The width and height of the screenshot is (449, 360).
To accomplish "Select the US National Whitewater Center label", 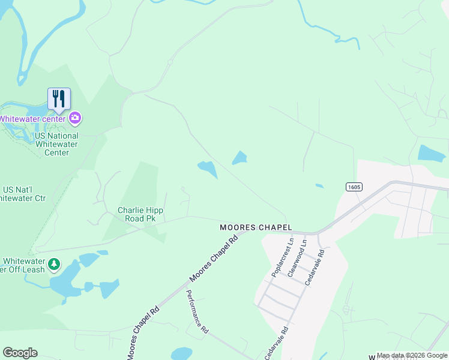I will click(x=56, y=144).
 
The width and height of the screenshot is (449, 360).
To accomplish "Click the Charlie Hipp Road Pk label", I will click(x=140, y=214).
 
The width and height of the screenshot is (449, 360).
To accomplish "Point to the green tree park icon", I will click(x=54, y=264).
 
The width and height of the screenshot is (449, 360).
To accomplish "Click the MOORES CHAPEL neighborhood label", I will click(x=256, y=227).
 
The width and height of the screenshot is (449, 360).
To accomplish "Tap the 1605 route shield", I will click(x=354, y=187).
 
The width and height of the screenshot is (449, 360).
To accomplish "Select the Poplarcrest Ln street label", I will click(x=282, y=257).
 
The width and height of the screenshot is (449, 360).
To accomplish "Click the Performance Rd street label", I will click(x=197, y=312).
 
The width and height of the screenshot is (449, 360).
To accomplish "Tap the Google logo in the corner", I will click(x=20, y=353).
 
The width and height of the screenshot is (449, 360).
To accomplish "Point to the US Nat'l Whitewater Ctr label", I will click(x=24, y=194).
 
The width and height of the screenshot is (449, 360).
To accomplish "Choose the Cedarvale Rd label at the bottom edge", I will click(x=277, y=343).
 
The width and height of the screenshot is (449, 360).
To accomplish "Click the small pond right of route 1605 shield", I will click(x=432, y=153).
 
